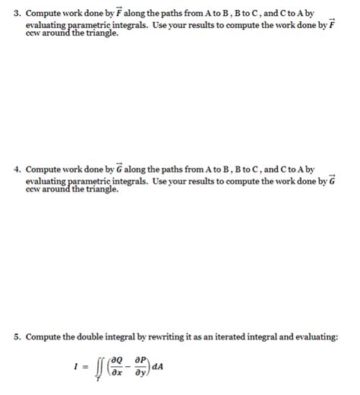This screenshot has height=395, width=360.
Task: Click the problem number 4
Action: (x=18, y=169)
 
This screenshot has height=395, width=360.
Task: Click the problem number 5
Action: (x=18, y=337)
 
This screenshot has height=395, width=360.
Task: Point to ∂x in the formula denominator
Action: (x=118, y=373)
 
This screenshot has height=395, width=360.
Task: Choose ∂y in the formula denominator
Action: (x=141, y=373)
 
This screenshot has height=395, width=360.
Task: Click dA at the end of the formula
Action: (x=157, y=366)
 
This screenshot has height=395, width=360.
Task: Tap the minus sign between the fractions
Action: (x=130, y=366)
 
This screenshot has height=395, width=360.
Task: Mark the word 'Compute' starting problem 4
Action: (x=43, y=169)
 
